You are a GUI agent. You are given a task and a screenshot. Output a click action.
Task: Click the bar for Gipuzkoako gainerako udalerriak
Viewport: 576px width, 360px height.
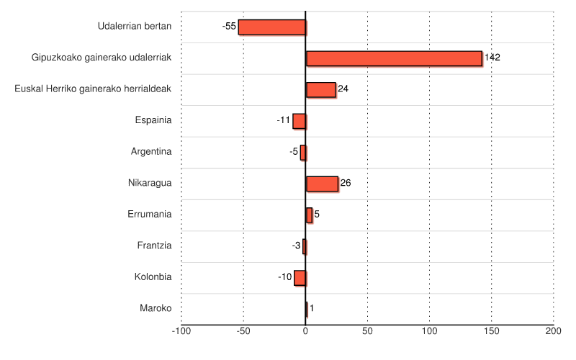point(394,58)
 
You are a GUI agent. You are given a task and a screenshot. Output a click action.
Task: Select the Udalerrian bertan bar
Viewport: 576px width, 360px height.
point(272,27)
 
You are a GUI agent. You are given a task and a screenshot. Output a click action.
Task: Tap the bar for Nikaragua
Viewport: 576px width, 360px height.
point(322,184)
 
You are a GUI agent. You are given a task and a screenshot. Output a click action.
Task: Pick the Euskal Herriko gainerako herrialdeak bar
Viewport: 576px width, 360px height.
point(320,89)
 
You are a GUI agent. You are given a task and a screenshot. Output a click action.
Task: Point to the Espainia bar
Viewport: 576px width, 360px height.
point(300,121)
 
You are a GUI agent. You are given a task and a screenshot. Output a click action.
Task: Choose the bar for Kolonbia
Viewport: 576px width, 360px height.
point(300,277)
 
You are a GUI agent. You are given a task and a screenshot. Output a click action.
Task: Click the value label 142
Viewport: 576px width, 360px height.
point(492,58)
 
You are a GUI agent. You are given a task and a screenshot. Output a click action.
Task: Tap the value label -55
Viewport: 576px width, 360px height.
point(229,27)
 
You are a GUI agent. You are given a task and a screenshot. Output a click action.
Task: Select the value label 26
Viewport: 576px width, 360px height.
point(346,184)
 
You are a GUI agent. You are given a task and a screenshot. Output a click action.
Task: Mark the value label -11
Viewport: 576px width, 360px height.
point(284,120)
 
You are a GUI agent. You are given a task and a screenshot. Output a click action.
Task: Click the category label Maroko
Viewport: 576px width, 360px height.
point(156,308)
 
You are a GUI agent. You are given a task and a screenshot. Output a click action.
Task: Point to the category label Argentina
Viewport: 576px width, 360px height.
point(151,152)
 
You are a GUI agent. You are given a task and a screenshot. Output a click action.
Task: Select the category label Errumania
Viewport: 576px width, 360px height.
point(150,214)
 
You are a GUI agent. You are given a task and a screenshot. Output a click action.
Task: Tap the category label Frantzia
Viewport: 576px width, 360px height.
point(154,246)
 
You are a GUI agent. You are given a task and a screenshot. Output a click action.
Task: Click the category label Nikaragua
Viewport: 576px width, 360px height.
point(150,183)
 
